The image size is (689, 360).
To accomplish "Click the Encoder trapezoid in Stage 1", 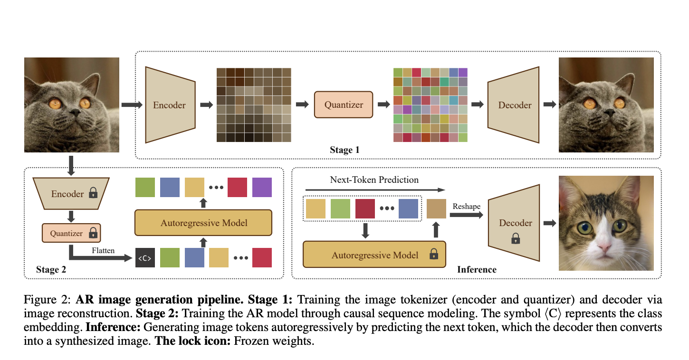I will (170, 105).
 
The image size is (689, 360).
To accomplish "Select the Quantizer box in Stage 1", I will (344, 105).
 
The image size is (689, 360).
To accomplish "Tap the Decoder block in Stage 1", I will (515, 105).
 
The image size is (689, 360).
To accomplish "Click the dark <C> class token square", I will (145, 258).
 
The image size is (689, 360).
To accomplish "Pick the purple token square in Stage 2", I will (262, 188).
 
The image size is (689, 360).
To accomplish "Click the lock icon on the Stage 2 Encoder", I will (93, 193).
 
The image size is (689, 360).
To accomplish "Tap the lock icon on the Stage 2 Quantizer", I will (93, 233).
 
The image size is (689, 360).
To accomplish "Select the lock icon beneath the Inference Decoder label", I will (515, 240).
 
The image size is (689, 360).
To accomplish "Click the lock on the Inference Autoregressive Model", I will (433, 255).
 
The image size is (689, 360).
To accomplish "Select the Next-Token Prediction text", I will (374, 180).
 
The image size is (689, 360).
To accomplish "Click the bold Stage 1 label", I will (344, 150).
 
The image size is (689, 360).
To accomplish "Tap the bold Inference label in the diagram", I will (477, 270).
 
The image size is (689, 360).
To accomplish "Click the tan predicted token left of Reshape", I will (437, 208).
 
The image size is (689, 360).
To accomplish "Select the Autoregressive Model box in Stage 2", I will (204, 223).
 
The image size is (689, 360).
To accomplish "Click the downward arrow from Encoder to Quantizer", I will (71, 216).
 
